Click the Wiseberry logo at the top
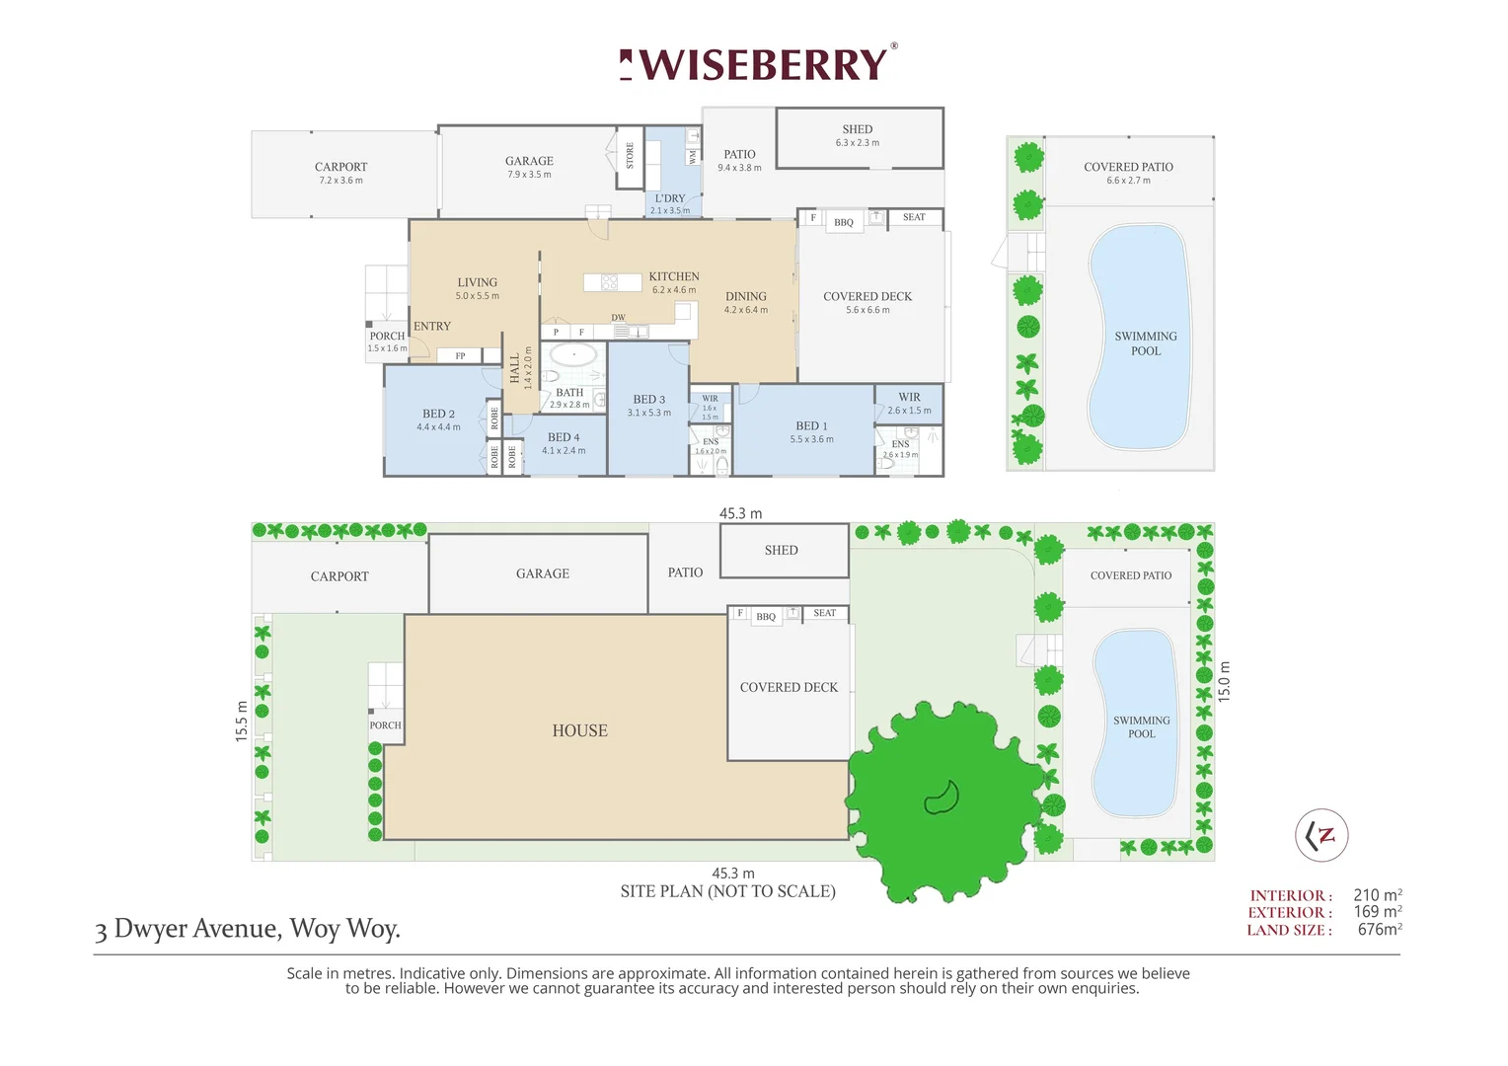click(758, 64)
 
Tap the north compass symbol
click(1321, 835)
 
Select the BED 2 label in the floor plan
click(438, 414)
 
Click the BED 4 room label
click(564, 437)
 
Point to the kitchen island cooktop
click(609, 282)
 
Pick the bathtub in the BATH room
click(573, 354)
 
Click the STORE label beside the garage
click(630, 155)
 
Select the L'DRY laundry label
click(670, 198)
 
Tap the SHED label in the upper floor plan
click(858, 129)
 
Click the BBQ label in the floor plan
click(844, 223)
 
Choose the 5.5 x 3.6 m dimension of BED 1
click(811, 439)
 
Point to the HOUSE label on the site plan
click(580, 730)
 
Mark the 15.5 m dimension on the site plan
click(242, 722)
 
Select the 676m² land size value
click(1380, 930)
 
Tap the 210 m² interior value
click(1378, 895)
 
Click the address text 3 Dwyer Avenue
click(248, 929)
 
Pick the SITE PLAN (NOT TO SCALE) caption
click(728, 891)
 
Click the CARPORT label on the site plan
click(339, 576)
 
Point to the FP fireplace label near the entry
click(460, 356)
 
